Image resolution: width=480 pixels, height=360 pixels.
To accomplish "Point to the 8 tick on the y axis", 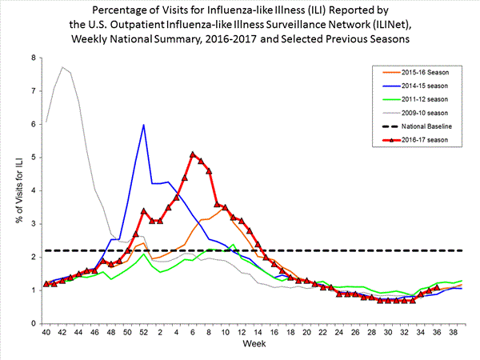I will point(33,58).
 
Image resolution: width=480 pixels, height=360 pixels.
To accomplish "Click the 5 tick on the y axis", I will point(33,158).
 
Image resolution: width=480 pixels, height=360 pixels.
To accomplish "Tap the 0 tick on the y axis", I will point(33,323).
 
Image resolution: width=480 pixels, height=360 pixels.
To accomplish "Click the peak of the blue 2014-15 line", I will point(143,125).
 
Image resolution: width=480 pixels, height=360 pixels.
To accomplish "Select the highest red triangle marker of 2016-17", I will point(193,154).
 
